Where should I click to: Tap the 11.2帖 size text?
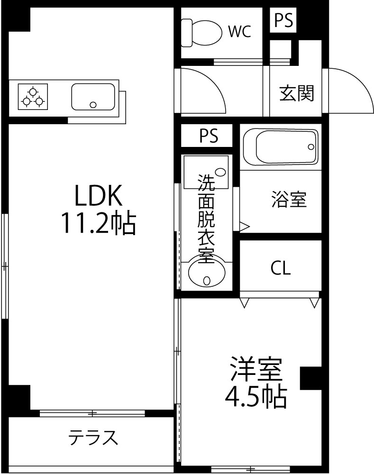(99, 223)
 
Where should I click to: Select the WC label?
(239, 31)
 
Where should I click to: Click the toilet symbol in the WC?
(201, 33)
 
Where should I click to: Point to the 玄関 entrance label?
(297, 93)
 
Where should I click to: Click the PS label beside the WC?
(283, 20)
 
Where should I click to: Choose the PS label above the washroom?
(209, 136)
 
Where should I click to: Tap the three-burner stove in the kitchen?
(33, 97)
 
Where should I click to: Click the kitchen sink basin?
(93, 97)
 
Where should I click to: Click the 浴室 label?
(289, 199)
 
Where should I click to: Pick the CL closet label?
(281, 268)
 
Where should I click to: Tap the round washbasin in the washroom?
(207, 272)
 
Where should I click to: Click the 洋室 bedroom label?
(256, 369)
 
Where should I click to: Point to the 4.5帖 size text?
(256, 396)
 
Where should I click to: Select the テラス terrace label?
(93, 438)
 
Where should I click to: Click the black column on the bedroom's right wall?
(310, 378)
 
